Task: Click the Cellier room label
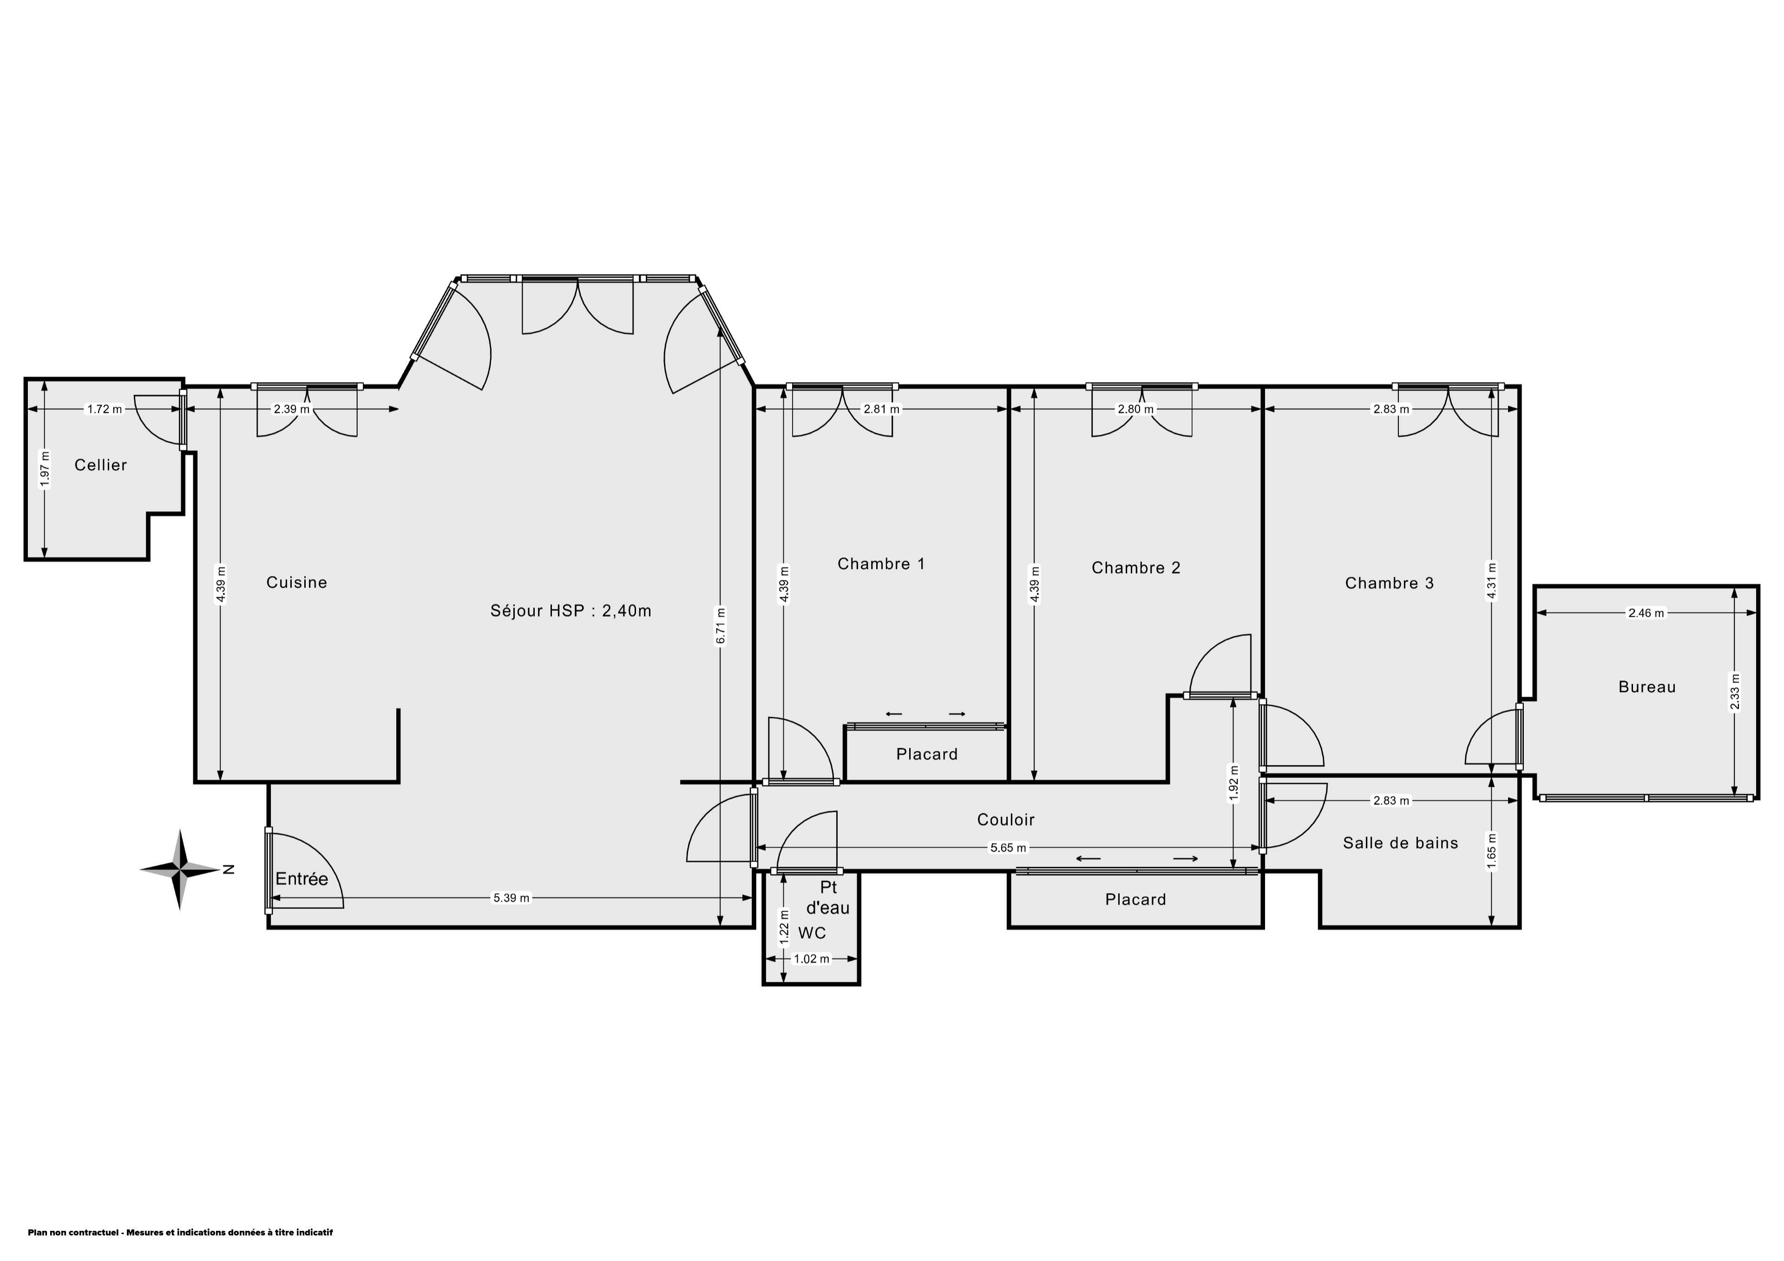100,464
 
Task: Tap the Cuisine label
297,582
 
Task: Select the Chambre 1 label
881,563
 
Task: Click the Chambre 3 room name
1389,583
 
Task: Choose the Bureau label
1647,687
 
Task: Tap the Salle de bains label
1400,843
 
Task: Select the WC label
812,932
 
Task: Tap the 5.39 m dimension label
511,897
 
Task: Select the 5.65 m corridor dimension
1008,848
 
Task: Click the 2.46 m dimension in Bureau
1646,612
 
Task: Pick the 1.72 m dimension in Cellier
104,409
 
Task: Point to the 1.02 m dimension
811,959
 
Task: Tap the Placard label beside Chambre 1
926,754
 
